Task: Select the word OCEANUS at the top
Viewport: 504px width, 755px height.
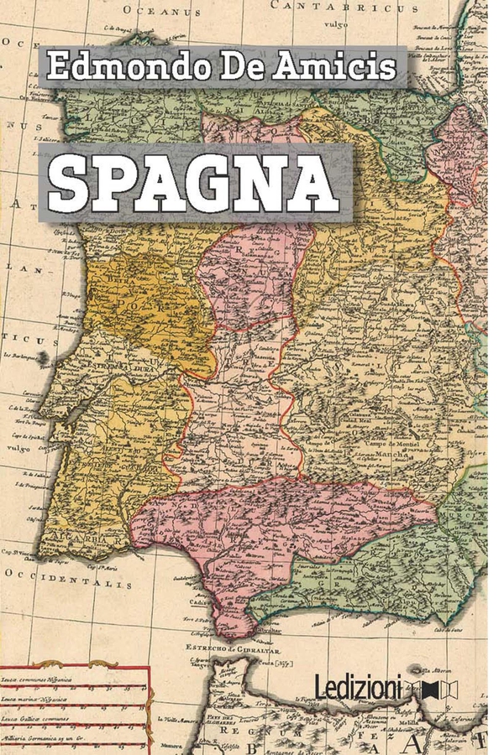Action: pyautogui.click(x=162, y=10)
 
